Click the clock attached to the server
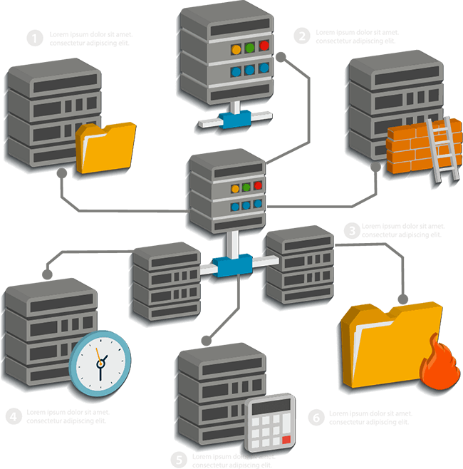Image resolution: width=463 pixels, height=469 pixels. click(x=100, y=361)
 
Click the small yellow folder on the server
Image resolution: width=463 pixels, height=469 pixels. click(x=106, y=146)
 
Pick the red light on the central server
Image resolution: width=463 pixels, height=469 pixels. click(x=259, y=187)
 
